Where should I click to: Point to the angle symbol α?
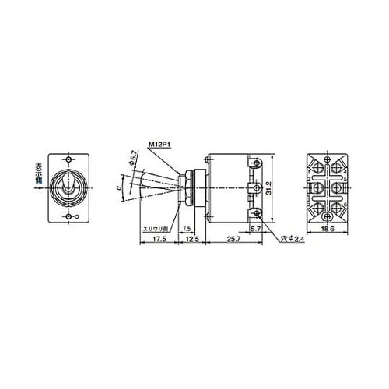tap(118, 187)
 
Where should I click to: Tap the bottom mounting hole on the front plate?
tap(70, 216)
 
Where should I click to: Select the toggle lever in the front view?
tap(70, 187)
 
